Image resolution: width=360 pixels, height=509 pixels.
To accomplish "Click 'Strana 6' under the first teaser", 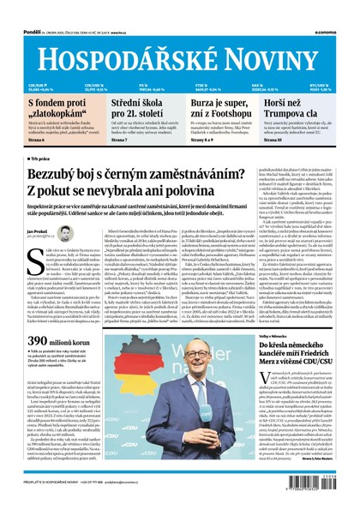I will point(36,141).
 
